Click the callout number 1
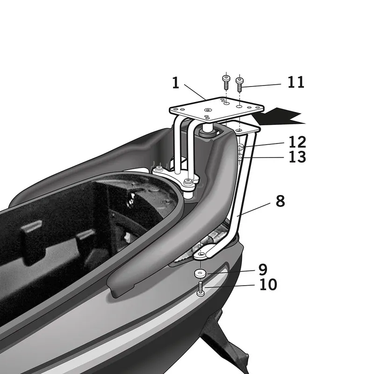coord(176,83)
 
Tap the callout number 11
coord(295,82)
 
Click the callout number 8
coord(280,201)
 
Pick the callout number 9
coord(262,269)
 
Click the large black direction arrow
coord(282,116)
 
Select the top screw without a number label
coord(225,83)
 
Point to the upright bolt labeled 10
coord(201,288)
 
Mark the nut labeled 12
coord(241,149)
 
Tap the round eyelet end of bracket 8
coord(201,254)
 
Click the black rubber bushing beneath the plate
coord(206,132)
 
